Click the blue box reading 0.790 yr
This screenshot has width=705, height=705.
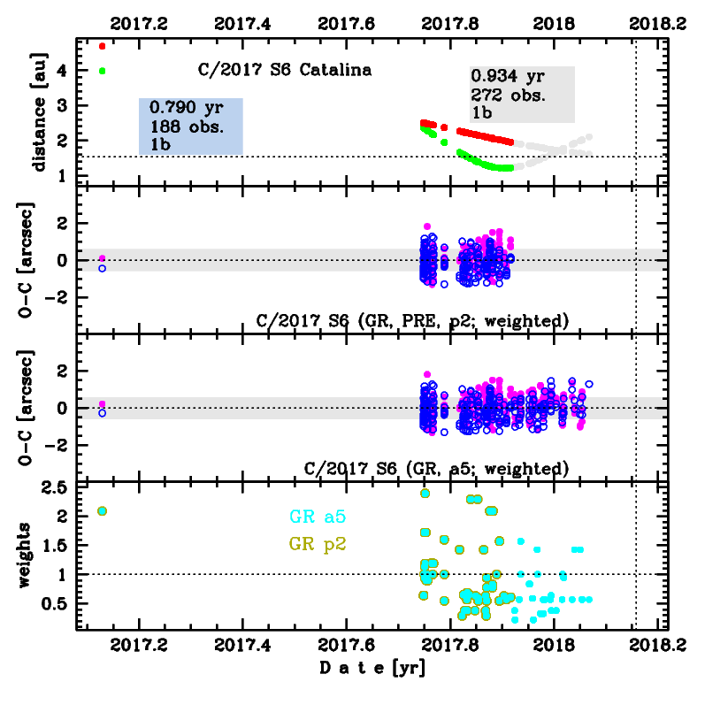[190, 126]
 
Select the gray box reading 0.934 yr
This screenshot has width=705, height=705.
[522, 94]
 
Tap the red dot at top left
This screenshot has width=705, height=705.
[103, 46]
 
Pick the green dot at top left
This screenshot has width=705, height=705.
[103, 71]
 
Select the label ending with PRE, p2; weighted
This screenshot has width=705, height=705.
[411, 319]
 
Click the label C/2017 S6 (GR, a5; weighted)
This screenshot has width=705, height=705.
[435, 467]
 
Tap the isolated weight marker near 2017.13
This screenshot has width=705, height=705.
[103, 510]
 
